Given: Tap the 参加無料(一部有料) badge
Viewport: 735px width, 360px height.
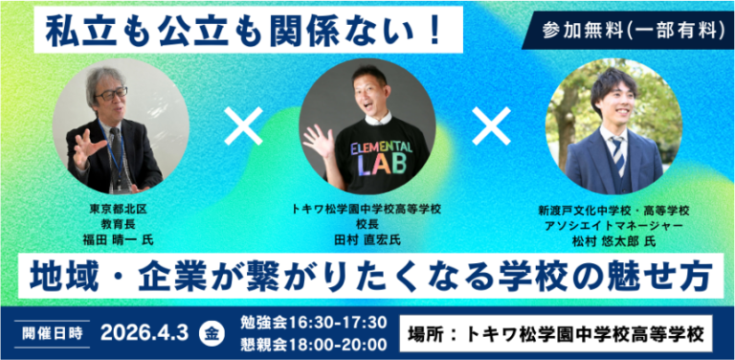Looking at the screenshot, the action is point(630,31).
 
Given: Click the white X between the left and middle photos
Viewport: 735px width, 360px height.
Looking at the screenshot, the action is point(243,126).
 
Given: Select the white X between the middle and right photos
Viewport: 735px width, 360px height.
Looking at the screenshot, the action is point(491,126).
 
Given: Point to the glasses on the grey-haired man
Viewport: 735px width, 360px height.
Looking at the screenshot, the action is point(111,93).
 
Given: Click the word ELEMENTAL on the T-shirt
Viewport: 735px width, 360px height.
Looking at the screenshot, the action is point(381,148).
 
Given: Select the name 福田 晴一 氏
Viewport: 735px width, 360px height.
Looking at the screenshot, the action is point(118,241).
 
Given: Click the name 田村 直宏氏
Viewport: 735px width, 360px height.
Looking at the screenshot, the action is point(367,241).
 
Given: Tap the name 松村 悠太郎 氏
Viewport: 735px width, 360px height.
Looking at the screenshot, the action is point(614,241).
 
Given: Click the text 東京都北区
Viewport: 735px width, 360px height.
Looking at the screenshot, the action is point(118,209).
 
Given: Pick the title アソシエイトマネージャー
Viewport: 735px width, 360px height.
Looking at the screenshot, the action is point(614,226).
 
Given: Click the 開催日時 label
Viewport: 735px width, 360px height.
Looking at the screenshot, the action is point(53,333).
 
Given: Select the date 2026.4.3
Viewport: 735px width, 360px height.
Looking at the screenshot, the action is point(145,333).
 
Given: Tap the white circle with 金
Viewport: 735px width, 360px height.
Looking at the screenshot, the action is point(212,335).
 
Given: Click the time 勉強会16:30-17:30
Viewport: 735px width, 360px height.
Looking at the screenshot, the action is point(314,323).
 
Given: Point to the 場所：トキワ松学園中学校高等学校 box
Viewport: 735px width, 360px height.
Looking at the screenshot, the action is point(556,334).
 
